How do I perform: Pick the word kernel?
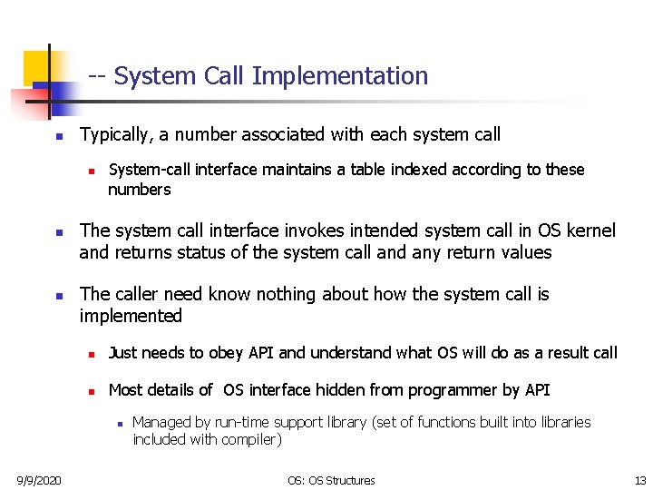point(590,230)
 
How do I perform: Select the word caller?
point(136,294)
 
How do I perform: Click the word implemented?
point(131,316)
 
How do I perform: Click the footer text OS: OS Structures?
point(331,479)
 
